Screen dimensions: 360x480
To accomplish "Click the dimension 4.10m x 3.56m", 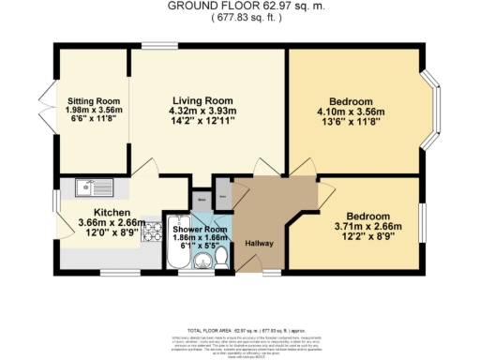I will pyautogui.click(x=352, y=114).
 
